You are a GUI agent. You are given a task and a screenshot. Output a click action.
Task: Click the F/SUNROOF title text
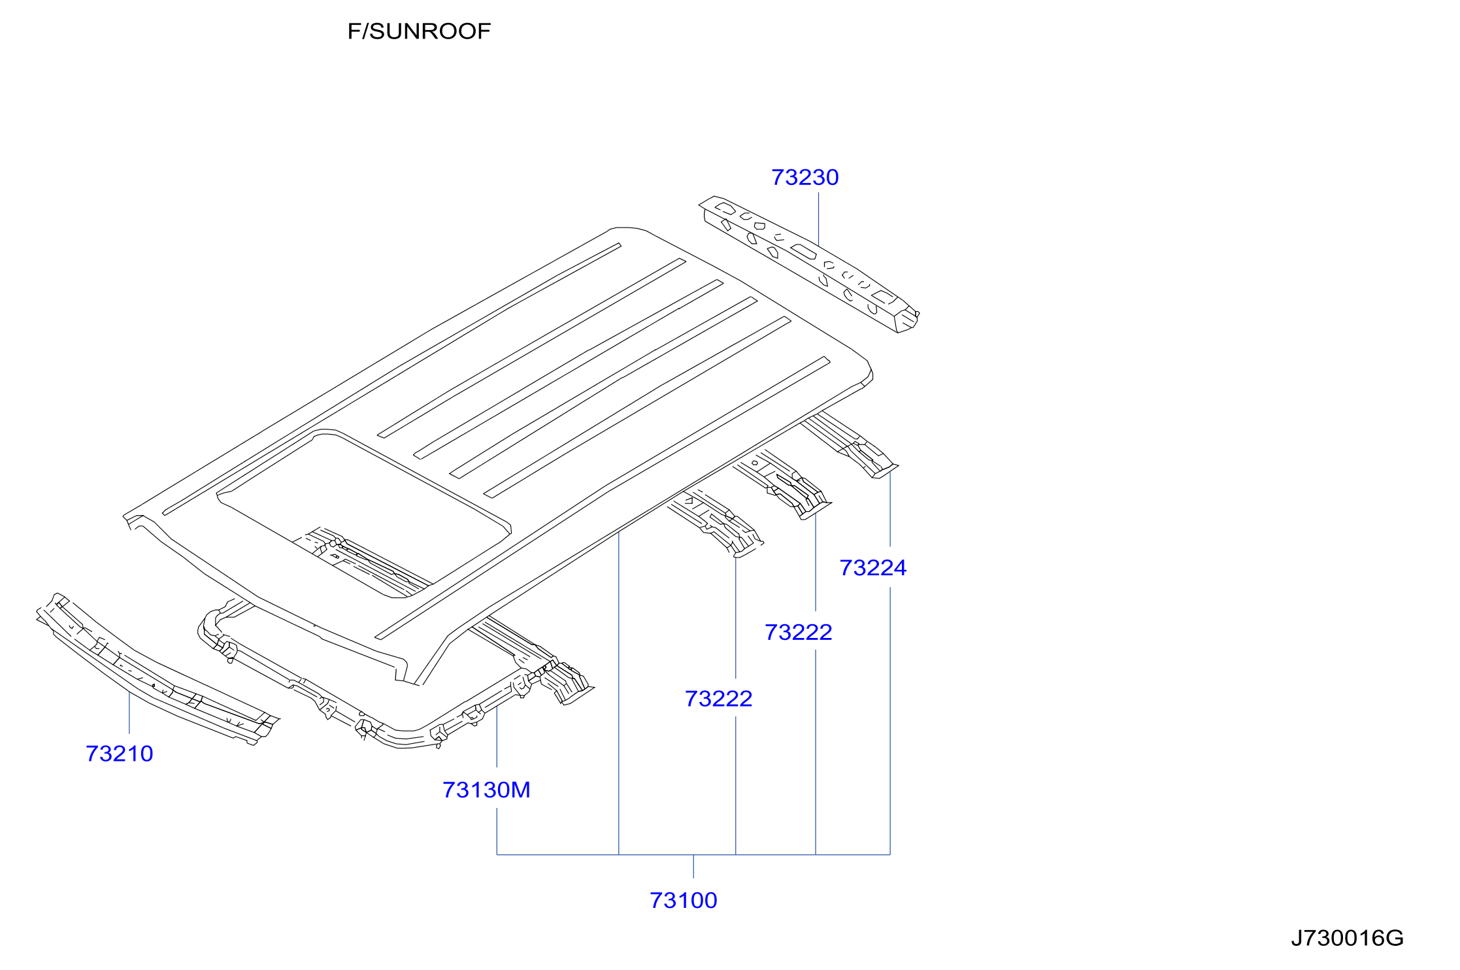(x=419, y=31)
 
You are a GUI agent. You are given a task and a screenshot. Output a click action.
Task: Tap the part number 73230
(x=805, y=177)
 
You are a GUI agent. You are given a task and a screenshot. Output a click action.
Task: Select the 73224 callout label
(x=872, y=567)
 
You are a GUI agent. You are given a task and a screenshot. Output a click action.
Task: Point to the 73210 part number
(x=119, y=754)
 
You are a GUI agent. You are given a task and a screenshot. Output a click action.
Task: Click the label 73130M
(x=486, y=790)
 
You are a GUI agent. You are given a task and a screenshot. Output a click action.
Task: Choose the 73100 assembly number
(x=683, y=900)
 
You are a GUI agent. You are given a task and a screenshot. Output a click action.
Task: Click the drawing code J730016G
(x=1347, y=938)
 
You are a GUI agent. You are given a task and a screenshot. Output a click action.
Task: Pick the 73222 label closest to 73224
(x=798, y=632)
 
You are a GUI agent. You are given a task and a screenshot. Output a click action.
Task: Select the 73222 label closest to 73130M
(x=718, y=699)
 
